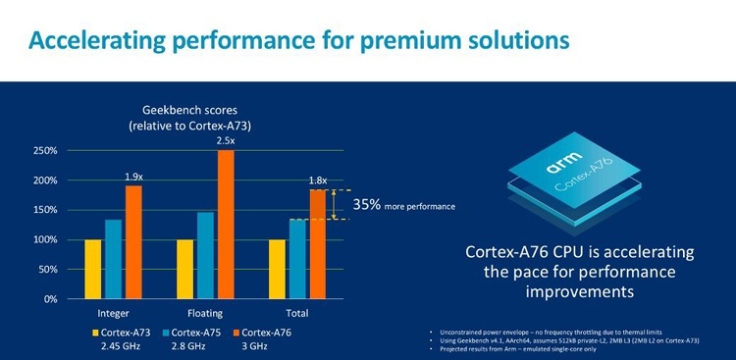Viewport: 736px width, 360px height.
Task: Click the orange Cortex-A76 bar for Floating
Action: pyautogui.click(x=226, y=225)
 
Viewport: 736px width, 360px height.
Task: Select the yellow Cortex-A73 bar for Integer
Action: pyautogui.click(x=93, y=269)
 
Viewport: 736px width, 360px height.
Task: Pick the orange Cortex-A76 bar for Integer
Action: pyautogui.click(x=133, y=242)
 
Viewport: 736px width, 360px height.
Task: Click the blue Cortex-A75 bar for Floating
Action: pyautogui.click(x=205, y=255)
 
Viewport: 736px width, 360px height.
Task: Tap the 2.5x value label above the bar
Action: pyautogui.click(x=226, y=141)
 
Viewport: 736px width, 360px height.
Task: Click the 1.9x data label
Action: pyautogui.click(x=134, y=177)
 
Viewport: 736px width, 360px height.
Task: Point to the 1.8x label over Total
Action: pyautogui.click(x=318, y=180)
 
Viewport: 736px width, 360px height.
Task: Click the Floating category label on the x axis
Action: pyautogui.click(x=204, y=313)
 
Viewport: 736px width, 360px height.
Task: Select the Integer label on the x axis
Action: pyautogui.click(x=113, y=313)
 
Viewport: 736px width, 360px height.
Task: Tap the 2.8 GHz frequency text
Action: pyautogui.click(x=184, y=347)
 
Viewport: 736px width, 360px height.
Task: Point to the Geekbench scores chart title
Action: pyautogui.click(x=182, y=119)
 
